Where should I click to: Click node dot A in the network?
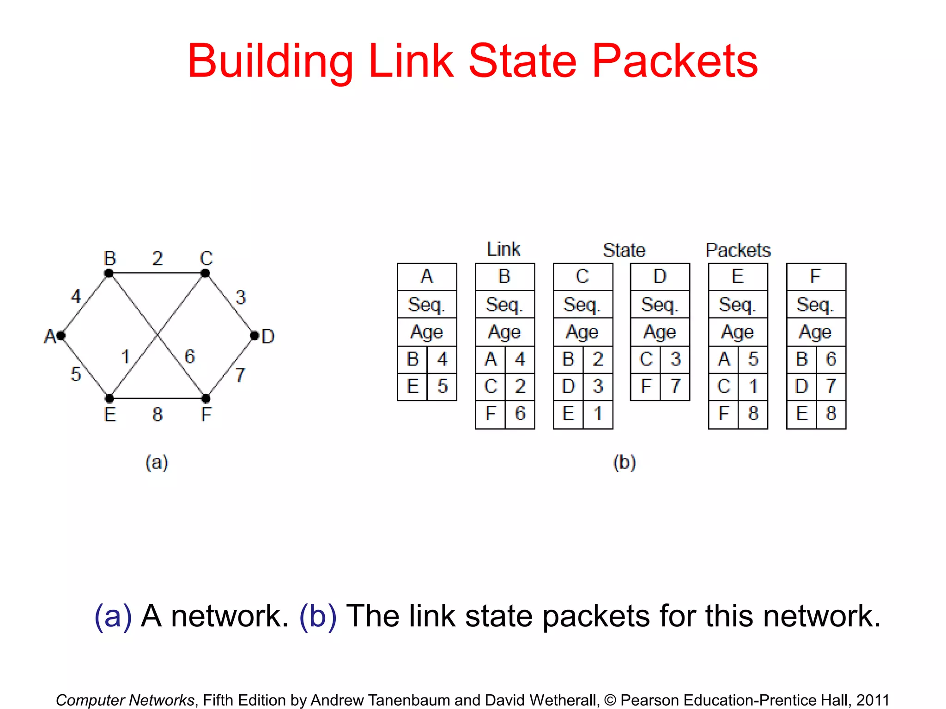(x=61, y=336)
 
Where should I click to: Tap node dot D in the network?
(x=255, y=336)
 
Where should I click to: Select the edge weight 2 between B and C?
(x=158, y=258)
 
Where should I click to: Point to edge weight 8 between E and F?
(x=158, y=414)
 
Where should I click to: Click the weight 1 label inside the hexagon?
(x=125, y=357)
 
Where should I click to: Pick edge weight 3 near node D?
(x=240, y=297)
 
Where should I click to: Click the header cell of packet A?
(x=427, y=276)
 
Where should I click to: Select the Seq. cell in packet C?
(x=582, y=305)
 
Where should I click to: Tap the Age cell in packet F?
(x=816, y=332)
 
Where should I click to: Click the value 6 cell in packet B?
(x=520, y=414)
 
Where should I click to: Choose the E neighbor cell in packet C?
(x=568, y=414)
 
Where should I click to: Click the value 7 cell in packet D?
(x=676, y=386)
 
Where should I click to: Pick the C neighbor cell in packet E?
(x=723, y=386)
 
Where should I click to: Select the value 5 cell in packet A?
(x=442, y=386)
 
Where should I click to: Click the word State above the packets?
(x=624, y=250)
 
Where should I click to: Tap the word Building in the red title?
(x=270, y=61)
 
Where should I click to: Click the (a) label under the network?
(x=157, y=462)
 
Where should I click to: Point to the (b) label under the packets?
(x=625, y=462)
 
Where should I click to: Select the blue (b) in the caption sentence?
(x=318, y=616)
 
